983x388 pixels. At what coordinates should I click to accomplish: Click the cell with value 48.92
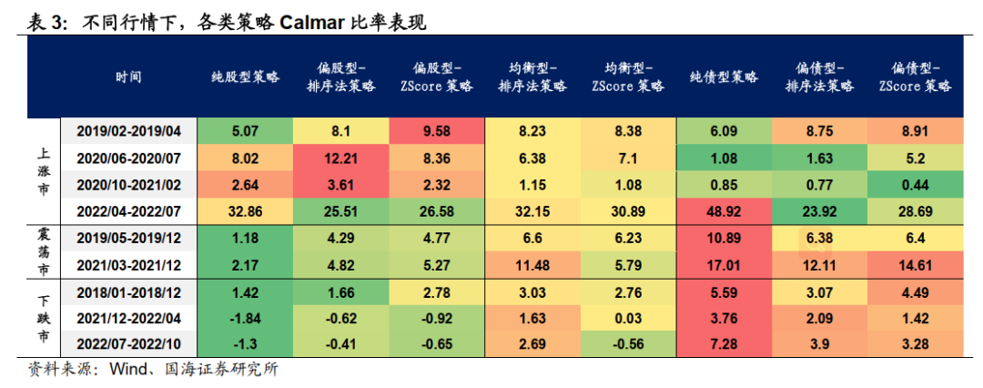[724, 211]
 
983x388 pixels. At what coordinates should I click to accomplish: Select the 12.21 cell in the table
[341, 158]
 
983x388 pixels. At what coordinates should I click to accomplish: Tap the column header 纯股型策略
[245, 77]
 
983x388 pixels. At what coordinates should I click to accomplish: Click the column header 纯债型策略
[724, 77]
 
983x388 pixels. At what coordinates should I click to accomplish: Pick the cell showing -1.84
[245, 318]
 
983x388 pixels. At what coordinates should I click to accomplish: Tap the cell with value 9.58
[437, 131]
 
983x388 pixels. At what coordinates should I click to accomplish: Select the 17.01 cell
[724, 265]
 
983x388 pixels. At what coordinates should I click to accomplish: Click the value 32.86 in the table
[245, 211]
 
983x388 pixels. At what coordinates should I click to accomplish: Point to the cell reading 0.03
[628, 318]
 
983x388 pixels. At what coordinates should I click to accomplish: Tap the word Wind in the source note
[129, 371]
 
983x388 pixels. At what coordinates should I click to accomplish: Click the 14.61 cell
[915, 265]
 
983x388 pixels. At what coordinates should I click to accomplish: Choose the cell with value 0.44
[915, 185]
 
